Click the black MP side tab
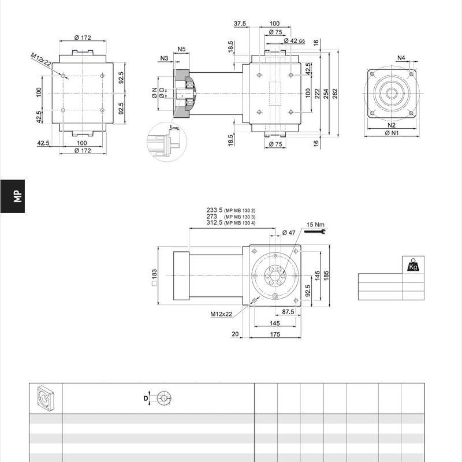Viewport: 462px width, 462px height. click(12, 196)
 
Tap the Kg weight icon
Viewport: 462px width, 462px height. click(413, 264)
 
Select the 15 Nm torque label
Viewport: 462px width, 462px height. click(315, 225)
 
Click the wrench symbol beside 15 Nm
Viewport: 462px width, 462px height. click(315, 232)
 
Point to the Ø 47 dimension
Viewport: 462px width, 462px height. click(289, 233)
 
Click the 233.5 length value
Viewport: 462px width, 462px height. click(214, 210)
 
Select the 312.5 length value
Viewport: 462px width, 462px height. click(214, 222)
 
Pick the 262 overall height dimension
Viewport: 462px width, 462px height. click(335, 94)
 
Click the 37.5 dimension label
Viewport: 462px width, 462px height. click(240, 24)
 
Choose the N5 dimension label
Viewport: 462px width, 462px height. click(182, 49)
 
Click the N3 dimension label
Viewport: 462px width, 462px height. click(164, 58)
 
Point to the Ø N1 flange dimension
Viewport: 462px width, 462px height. click(392, 133)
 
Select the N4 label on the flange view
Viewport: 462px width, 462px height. click(401, 58)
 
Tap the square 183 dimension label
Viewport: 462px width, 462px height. click(154, 277)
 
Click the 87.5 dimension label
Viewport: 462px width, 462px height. click(288, 312)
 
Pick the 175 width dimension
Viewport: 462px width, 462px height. click(275, 334)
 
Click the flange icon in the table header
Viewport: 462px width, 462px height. click(46, 398)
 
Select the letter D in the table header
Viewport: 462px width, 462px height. click(146, 398)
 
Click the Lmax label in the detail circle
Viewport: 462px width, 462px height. click(174, 127)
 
